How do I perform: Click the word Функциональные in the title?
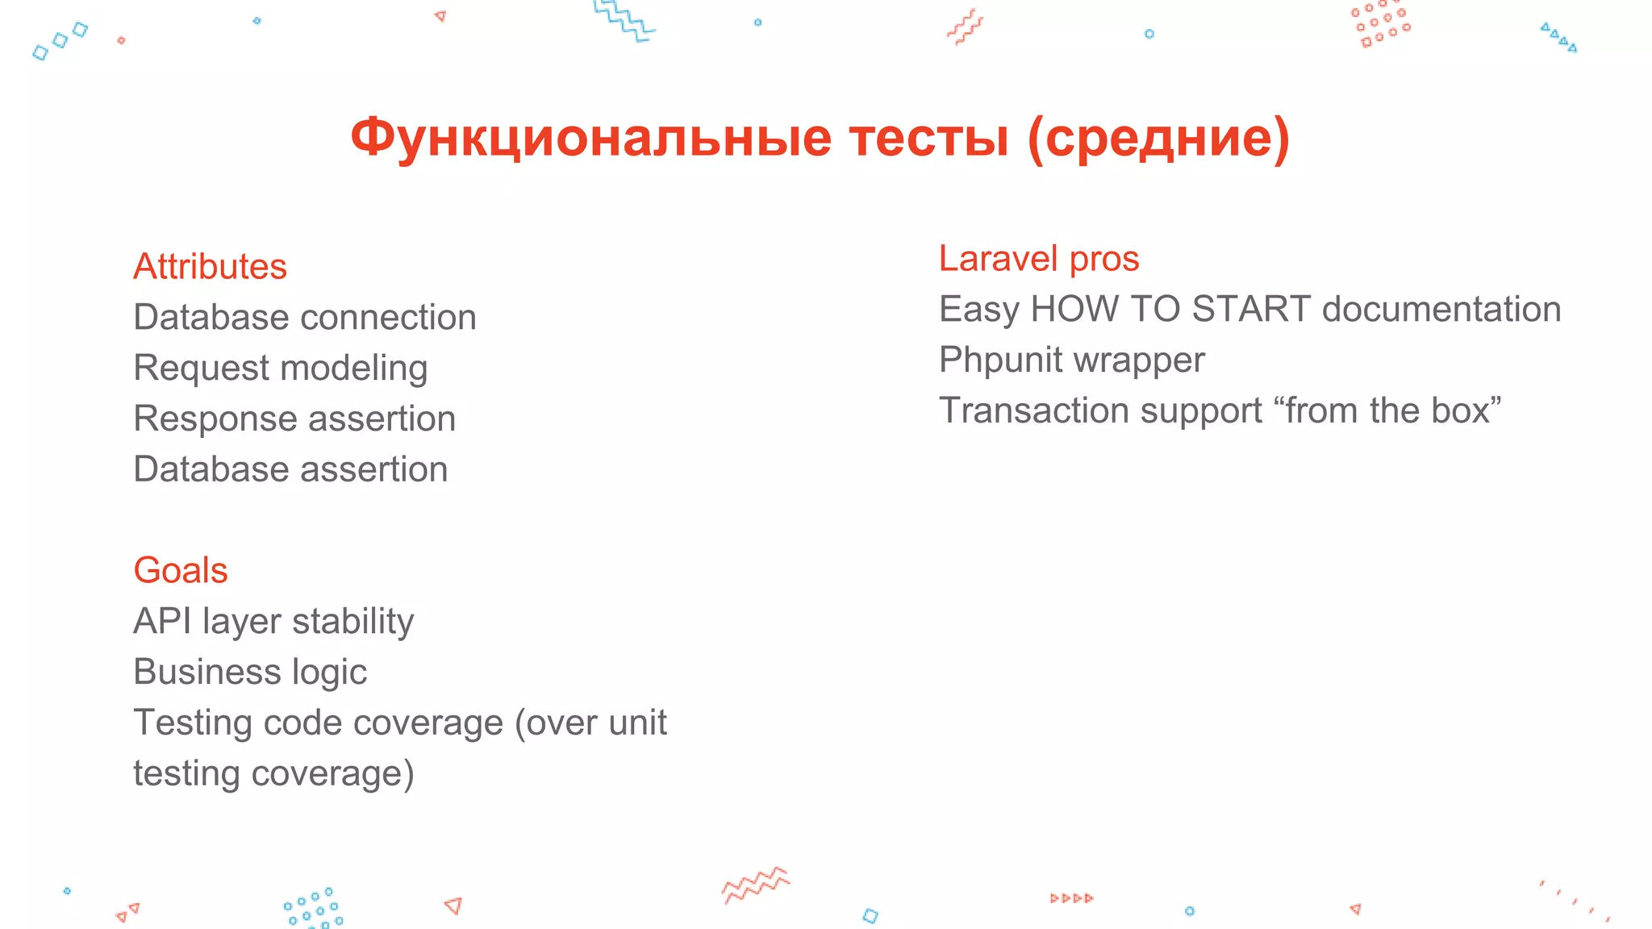point(590,138)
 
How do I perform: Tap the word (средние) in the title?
point(1159,138)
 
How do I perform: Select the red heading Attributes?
point(210,266)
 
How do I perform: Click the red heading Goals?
point(181,570)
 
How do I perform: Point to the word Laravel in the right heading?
point(998,259)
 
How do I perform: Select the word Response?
point(215,419)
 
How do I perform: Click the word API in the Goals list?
point(162,621)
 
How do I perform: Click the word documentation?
point(1441,309)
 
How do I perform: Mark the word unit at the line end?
point(637,723)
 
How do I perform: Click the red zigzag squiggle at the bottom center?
point(756,885)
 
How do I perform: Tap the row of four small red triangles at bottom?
point(1071,898)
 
